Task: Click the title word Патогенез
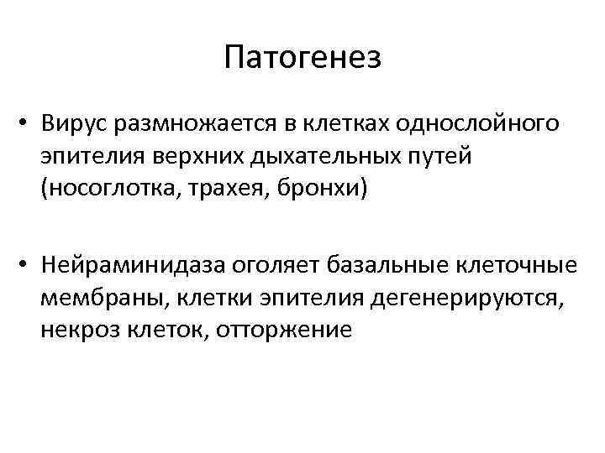pos(302,58)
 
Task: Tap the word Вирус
pos(76,125)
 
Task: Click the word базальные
pos(387,267)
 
